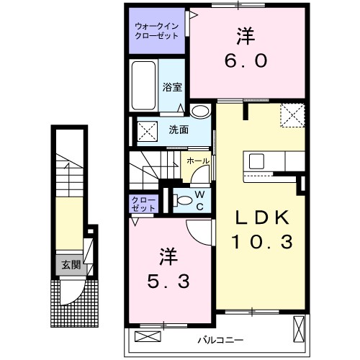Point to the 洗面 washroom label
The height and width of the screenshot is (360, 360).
(x=178, y=130)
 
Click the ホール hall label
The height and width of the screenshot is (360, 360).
(x=196, y=161)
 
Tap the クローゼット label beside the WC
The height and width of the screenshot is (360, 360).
(x=143, y=203)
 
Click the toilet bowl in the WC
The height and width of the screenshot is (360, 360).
(x=183, y=200)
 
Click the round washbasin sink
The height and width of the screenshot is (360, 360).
(x=201, y=112)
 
